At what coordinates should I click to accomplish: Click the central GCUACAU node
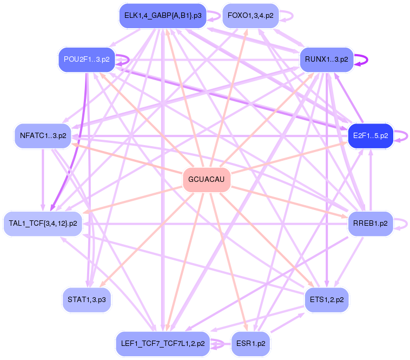coord(207,179)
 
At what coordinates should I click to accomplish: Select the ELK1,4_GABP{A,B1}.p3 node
coord(163,16)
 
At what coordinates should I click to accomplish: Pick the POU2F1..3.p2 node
coord(86,59)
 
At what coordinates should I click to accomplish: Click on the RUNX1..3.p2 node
coord(326,59)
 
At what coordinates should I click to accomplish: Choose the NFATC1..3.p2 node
coord(43,135)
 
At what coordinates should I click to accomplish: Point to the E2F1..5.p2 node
coord(370,135)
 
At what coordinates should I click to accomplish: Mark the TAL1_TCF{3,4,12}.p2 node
coord(43,223)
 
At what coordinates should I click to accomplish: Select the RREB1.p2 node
coord(370,223)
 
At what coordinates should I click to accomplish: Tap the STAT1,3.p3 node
coord(87,299)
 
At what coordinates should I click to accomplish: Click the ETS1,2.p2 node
coord(326,299)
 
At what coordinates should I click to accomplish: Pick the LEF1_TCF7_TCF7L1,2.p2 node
coord(162,343)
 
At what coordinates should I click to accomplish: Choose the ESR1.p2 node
coord(250,343)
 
